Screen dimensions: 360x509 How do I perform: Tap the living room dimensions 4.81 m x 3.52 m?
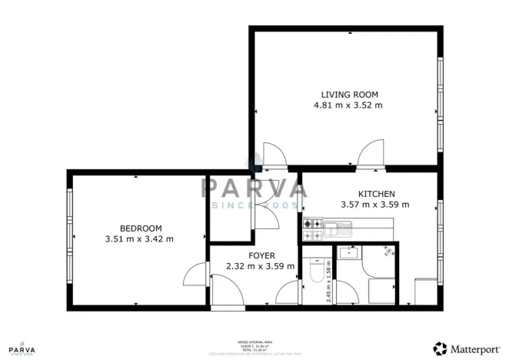click(348, 105)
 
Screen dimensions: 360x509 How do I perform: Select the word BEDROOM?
click(141, 228)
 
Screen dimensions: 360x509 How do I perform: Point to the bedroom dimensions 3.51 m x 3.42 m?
click(139, 238)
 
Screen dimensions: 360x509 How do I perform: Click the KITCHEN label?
click(376, 194)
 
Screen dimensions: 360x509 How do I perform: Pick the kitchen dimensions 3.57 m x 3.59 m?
click(375, 205)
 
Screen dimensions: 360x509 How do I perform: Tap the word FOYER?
click(261, 255)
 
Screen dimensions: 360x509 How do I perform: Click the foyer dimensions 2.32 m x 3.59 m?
click(261, 266)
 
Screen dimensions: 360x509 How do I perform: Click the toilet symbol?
click(314, 272)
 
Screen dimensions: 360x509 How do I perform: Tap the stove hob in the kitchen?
click(313, 228)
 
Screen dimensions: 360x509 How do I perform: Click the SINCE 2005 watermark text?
click(254, 206)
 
